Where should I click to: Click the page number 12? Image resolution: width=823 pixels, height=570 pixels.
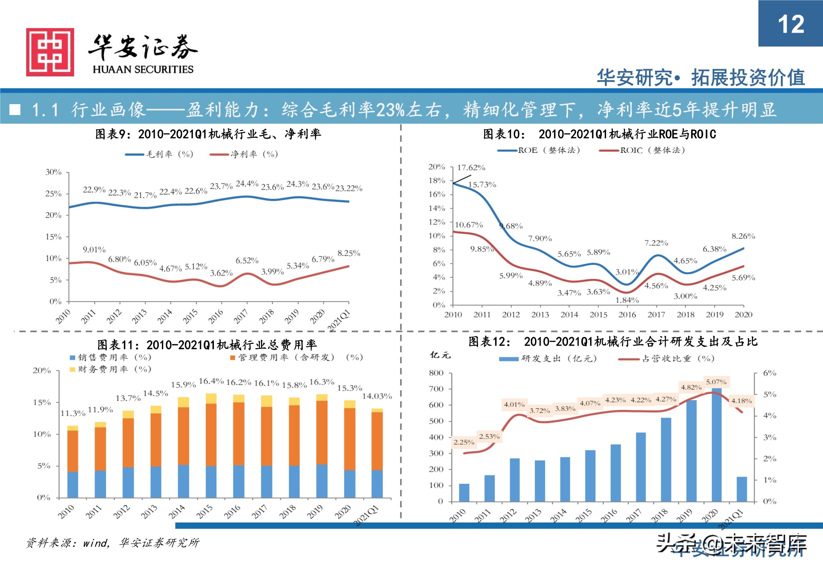(x=791, y=24)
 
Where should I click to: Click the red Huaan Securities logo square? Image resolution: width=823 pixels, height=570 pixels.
(x=50, y=52)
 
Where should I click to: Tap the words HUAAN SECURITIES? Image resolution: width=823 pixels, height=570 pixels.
(x=143, y=69)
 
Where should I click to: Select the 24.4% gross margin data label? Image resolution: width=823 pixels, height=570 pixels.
(x=247, y=184)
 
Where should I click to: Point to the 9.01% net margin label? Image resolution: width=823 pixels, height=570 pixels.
(x=94, y=250)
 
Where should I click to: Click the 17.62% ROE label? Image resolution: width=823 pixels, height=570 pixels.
(x=471, y=168)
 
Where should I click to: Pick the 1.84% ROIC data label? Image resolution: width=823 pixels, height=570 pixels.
(x=627, y=300)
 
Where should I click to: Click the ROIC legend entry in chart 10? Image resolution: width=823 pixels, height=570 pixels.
(x=642, y=150)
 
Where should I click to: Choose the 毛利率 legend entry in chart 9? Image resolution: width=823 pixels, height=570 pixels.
(x=159, y=154)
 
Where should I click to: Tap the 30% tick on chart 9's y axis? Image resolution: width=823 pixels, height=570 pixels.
(x=54, y=172)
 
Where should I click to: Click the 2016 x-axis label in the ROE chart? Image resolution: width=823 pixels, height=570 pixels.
(x=627, y=315)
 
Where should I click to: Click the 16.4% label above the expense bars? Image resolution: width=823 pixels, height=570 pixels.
(x=211, y=381)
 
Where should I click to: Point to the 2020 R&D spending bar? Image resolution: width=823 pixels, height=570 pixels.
(x=716, y=445)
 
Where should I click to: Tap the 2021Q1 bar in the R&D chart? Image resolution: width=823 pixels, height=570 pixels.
(x=741, y=489)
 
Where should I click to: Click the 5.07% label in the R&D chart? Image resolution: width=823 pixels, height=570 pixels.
(x=716, y=382)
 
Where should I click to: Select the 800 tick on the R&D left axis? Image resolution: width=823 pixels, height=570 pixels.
(x=436, y=373)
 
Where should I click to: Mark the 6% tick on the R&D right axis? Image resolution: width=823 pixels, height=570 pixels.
(x=769, y=373)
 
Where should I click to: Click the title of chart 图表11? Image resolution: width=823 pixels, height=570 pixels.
(x=207, y=345)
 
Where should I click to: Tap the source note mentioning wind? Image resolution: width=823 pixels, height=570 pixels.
(x=112, y=543)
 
